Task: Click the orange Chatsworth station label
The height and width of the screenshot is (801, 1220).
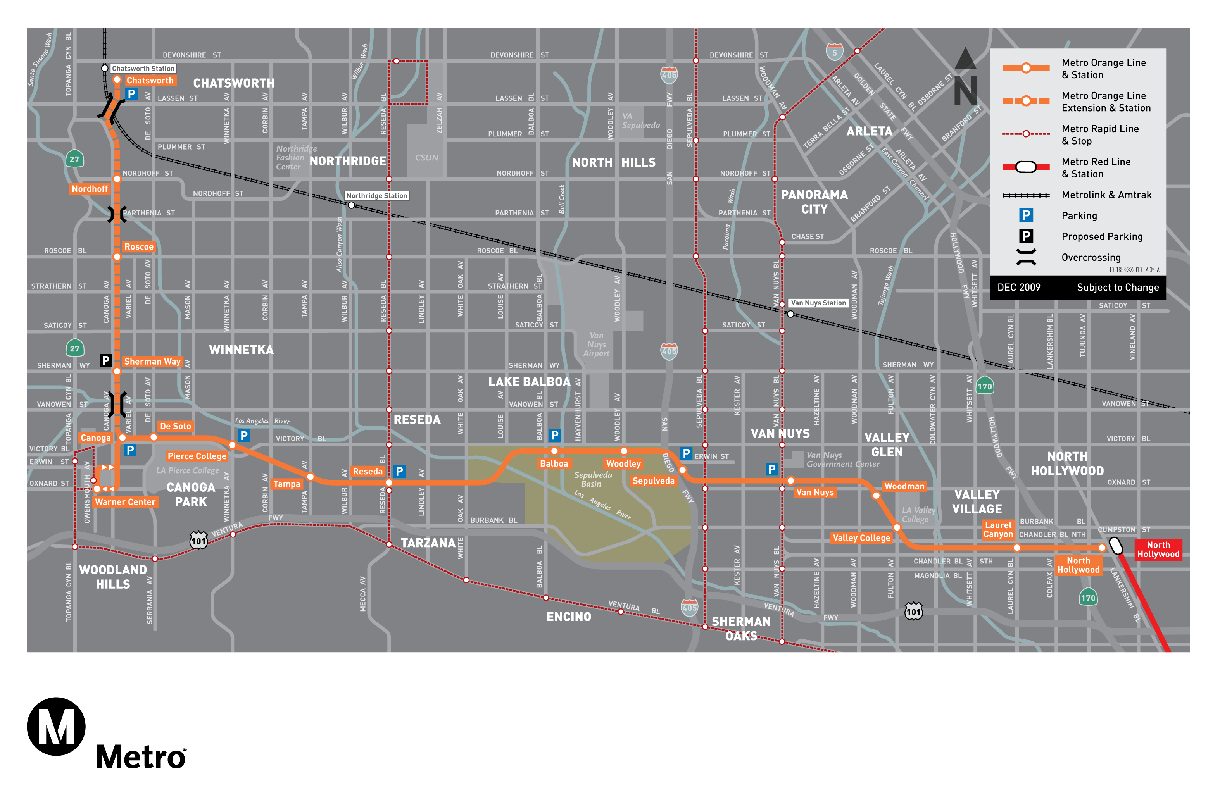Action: coord(150,81)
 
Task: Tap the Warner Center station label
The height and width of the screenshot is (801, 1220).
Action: coord(125,502)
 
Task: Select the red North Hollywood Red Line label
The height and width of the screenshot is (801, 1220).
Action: coord(1158,550)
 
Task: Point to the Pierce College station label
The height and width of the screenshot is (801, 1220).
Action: coord(197,456)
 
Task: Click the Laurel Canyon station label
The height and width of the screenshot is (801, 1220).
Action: coord(998,529)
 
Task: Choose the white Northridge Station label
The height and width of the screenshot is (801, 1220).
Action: coord(376,196)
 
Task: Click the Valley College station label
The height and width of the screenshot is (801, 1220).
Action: coord(861,537)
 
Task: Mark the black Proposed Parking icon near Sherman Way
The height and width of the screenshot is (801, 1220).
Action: coord(105,360)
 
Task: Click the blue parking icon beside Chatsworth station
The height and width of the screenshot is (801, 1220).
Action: coord(131,94)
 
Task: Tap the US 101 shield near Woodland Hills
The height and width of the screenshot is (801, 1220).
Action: coord(198,540)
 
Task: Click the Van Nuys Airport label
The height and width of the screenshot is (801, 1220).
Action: coord(596,345)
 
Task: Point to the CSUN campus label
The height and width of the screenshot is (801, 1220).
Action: coord(426,158)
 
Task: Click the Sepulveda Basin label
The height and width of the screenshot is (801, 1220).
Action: coord(593,479)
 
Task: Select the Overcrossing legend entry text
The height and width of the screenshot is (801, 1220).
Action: coord(1091,257)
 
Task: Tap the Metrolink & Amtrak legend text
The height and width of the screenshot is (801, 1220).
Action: coord(1106,195)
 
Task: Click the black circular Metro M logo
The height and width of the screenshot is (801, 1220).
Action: coord(56,726)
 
